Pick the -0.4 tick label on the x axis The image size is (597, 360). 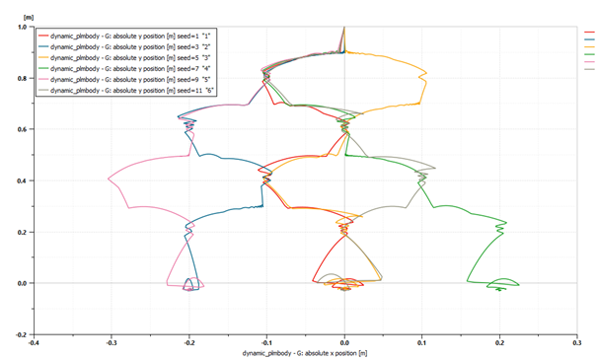(34, 343)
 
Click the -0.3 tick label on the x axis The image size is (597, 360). (111, 343)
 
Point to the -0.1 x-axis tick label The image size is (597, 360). (266, 343)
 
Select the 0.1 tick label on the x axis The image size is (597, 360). (421, 343)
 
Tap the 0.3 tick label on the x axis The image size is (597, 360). (576, 343)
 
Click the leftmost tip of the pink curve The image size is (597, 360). (109, 179)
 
